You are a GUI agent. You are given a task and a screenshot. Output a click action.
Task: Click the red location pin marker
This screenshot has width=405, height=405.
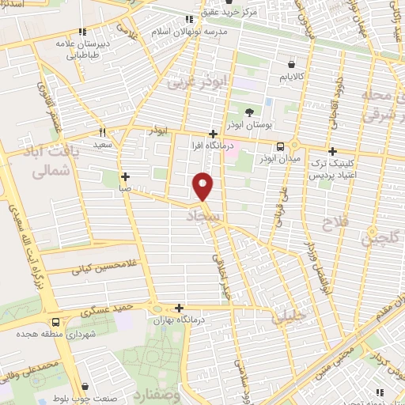[x=204, y=186]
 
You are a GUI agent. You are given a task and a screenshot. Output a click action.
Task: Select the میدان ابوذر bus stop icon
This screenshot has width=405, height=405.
[x=280, y=146]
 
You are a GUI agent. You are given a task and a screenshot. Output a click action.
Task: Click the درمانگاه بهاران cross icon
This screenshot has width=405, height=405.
[x=180, y=308]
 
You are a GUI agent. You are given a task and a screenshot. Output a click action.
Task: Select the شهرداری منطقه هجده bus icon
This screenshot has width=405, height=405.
[x=55, y=322]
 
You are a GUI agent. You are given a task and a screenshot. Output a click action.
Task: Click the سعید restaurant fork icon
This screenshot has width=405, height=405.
[x=102, y=132]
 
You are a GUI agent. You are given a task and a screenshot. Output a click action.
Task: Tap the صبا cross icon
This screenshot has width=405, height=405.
[x=125, y=176]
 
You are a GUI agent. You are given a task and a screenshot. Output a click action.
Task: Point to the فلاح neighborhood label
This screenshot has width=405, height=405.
[x=336, y=224]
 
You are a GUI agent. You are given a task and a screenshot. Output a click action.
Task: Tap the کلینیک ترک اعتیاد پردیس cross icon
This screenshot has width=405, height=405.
[x=332, y=151]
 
